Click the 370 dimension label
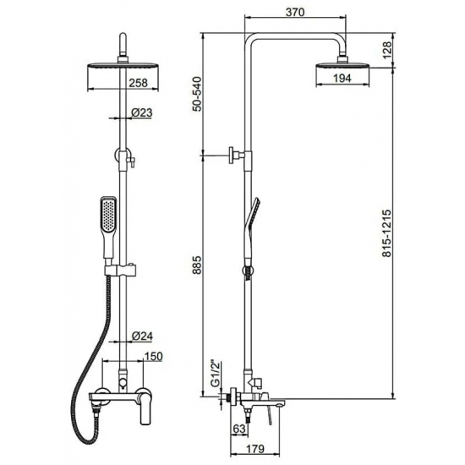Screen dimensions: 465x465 click(295, 12)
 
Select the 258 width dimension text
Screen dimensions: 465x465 click(138, 83)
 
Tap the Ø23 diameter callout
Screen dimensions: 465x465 click(142, 112)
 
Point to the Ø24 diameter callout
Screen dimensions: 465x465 click(142, 336)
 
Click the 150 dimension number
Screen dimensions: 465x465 click(153, 356)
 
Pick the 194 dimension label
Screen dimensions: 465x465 click(342, 79)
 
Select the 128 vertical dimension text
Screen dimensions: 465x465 click(387, 51)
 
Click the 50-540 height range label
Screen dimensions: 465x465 click(197, 94)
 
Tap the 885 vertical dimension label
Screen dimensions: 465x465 click(197, 265)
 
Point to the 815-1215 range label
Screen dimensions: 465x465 click(386, 233)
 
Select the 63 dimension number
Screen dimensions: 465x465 click(239, 429)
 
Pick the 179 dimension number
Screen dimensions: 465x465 click(255, 449)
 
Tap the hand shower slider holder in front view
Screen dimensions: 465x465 click(121, 271)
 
